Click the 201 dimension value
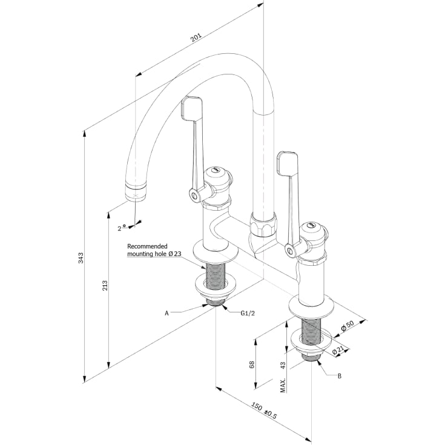pos(196,38)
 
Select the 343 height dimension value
pos(81,258)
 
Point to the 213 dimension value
pos(105,286)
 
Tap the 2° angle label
pos(122,228)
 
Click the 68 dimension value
pos(252,364)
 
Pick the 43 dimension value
pos(283,365)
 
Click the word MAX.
pos(283,385)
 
